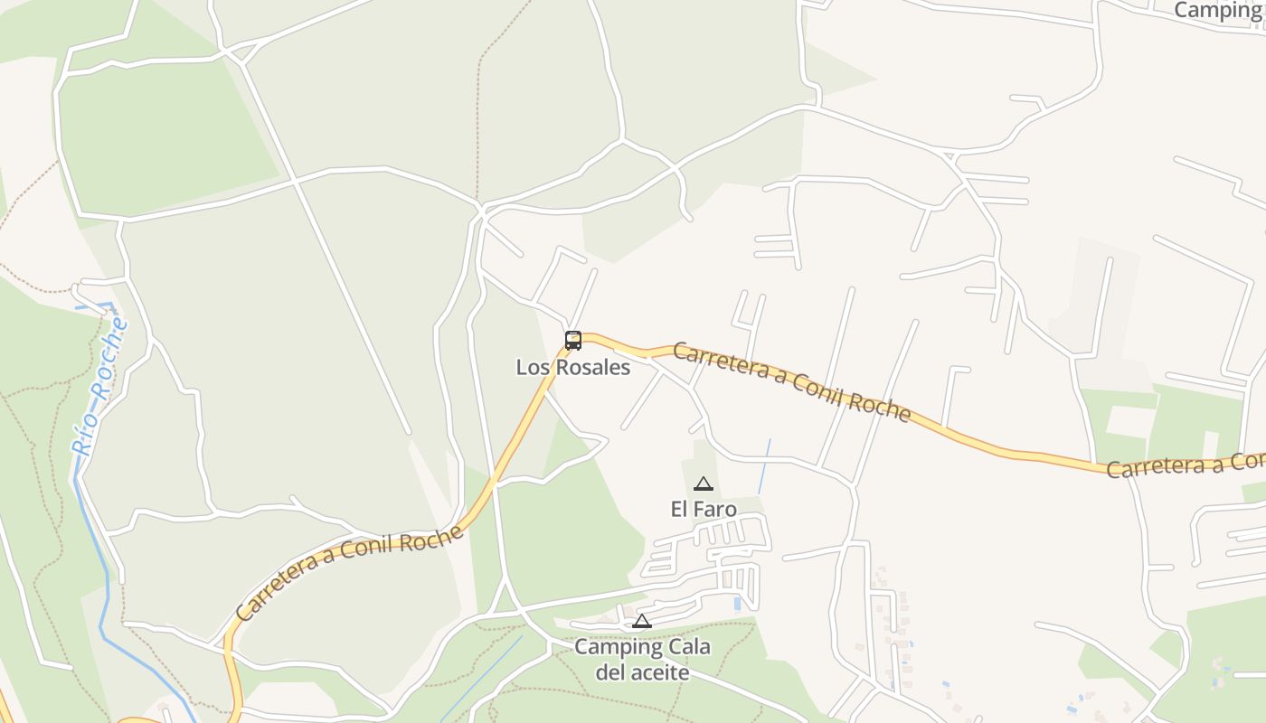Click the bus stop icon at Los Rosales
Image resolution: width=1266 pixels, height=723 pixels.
coord(573,341)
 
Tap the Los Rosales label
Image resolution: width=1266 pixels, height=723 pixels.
coord(573,368)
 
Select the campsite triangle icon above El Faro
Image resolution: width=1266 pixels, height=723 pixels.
coord(704,484)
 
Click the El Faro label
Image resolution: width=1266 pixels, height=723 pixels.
coord(704,510)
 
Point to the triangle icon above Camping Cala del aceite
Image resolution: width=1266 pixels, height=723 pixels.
coord(642,621)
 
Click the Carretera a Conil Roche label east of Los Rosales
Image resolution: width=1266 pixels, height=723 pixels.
coord(791,381)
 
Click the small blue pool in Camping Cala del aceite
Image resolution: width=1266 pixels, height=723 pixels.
coord(738,603)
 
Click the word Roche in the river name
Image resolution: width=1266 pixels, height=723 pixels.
coord(109,349)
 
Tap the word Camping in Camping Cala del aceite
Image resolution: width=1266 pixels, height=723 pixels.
coord(619,647)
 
